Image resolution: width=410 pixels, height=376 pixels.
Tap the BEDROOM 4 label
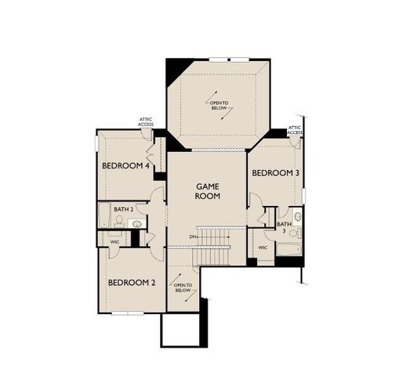click(x=125, y=166)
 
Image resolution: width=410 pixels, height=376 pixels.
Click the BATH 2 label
click(x=122, y=209)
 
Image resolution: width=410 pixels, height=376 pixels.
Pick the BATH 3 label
click(x=284, y=228)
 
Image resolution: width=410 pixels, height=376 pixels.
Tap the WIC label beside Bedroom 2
click(x=114, y=242)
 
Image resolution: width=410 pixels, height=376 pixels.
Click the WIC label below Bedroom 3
click(x=263, y=248)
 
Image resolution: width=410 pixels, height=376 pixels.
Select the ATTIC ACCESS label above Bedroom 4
click(x=146, y=121)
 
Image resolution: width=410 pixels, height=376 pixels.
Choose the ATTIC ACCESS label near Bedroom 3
click(x=295, y=129)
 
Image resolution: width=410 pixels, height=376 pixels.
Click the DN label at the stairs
click(x=193, y=237)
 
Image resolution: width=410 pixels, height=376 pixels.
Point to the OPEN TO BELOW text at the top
click(x=219, y=103)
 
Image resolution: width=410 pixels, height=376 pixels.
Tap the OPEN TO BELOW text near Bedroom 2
click(x=182, y=287)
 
